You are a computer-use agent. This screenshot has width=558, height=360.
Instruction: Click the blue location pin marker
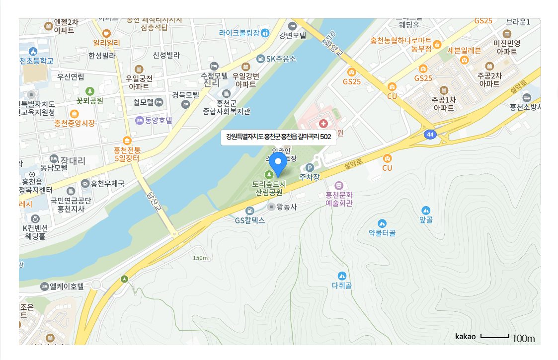[278, 162]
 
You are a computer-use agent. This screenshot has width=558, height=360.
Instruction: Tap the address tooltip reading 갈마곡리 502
[278, 137]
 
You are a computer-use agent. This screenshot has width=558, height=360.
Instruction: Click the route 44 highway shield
[430, 134]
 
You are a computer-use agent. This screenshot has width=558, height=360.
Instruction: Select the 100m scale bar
[495, 337]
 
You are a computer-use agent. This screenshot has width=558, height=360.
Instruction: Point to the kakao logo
[465, 337]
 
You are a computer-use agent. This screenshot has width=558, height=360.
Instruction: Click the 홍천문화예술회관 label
[339, 199]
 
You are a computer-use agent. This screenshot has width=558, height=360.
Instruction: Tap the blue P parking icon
[310, 168]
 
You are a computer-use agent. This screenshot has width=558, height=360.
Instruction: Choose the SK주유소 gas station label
[281, 59]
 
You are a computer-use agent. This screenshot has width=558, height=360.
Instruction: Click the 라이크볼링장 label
[239, 33]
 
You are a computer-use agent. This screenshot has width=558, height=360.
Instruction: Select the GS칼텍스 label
[250, 220]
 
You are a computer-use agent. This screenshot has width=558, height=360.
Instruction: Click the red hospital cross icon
[323, 123]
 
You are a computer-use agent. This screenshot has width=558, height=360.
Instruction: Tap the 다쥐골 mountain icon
[341, 276]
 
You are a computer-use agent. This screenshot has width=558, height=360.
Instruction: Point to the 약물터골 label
[382, 232]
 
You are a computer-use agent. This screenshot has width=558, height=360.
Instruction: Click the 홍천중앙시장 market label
[75, 123]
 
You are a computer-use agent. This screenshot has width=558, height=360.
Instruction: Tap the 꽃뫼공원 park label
[89, 100]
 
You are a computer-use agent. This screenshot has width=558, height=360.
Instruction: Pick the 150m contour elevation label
[201, 258]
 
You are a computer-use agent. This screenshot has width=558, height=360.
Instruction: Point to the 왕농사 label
[286, 207]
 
